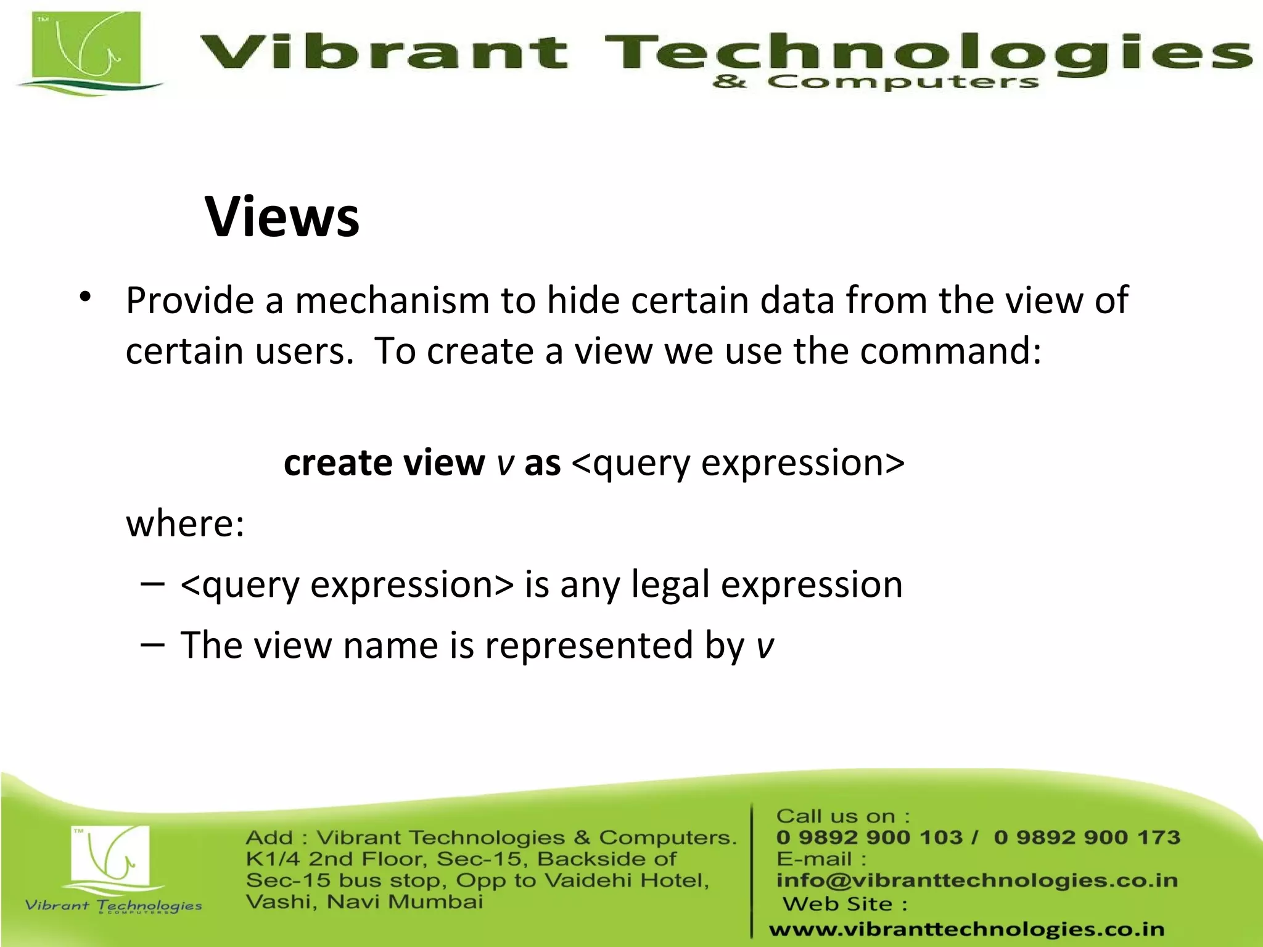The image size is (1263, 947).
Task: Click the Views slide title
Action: pyautogui.click(x=282, y=217)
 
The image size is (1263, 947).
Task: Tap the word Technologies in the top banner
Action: pyautogui.click(x=925, y=52)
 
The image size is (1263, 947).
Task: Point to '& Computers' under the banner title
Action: pyautogui.click(x=875, y=82)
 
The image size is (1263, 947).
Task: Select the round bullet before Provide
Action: pyautogui.click(x=85, y=298)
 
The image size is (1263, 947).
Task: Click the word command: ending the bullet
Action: pyautogui.click(x=950, y=351)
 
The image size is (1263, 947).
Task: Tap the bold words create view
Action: pyautogui.click(x=384, y=463)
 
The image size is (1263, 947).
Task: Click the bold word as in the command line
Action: pyautogui.click(x=542, y=463)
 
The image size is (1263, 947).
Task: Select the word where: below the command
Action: pyautogui.click(x=185, y=524)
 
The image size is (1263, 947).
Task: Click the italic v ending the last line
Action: pyautogui.click(x=765, y=646)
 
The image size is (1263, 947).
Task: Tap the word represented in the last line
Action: pyautogui.click(x=589, y=646)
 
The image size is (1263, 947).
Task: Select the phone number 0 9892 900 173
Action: pyautogui.click(x=1087, y=837)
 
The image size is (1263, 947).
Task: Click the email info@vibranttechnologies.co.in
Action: pyautogui.click(x=977, y=880)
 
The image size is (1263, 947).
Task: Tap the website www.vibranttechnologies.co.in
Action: pyautogui.click(x=966, y=929)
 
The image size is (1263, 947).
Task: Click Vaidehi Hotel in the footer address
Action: pyautogui.click(x=627, y=880)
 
